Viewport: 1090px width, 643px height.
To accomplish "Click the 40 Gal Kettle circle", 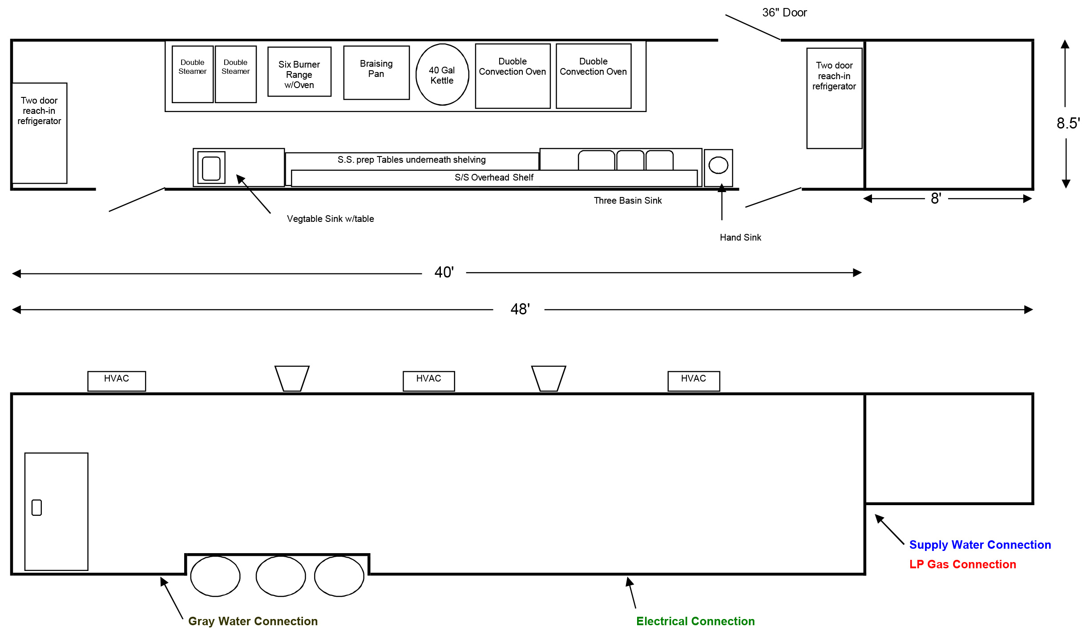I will [x=442, y=75].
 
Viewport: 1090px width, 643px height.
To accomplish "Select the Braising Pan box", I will [x=376, y=72].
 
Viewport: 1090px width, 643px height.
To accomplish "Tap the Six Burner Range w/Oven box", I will [x=299, y=72].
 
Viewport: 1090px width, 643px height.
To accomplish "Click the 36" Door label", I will [x=784, y=12].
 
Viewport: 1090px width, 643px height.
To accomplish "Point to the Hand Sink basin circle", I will [x=718, y=165].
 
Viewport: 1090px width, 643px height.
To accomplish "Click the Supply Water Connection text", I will [x=980, y=545].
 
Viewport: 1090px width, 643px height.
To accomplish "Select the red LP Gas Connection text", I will [x=962, y=564].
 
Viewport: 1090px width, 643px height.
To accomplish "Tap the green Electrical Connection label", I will [x=695, y=621].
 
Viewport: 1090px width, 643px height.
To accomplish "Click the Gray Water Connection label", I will [x=253, y=621].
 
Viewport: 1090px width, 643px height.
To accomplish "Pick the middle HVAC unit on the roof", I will [x=428, y=381].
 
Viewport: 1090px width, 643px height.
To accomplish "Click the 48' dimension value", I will [x=520, y=309].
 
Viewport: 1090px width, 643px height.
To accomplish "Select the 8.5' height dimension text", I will [x=1068, y=123].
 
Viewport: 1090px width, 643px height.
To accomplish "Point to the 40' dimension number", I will [x=444, y=272].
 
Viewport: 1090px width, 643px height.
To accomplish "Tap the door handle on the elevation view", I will [x=37, y=507].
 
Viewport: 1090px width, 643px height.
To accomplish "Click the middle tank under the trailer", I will [x=281, y=576].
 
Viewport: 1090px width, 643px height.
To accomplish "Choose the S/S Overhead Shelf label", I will [x=494, y=177].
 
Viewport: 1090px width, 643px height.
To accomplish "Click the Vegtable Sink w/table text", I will [x=330, y=219].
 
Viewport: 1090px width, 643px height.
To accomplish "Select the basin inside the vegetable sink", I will [x=211, y=168].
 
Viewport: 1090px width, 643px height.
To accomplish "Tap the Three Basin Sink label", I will [x=627, y=201].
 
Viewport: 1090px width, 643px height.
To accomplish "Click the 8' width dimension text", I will [x=936, y=198].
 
